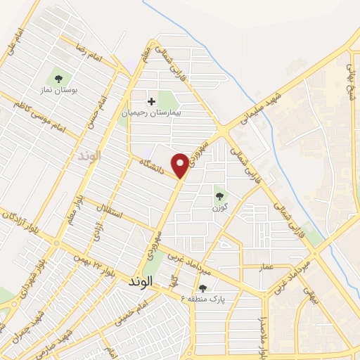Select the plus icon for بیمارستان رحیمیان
[151, 101]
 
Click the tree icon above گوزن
[220, 196]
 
